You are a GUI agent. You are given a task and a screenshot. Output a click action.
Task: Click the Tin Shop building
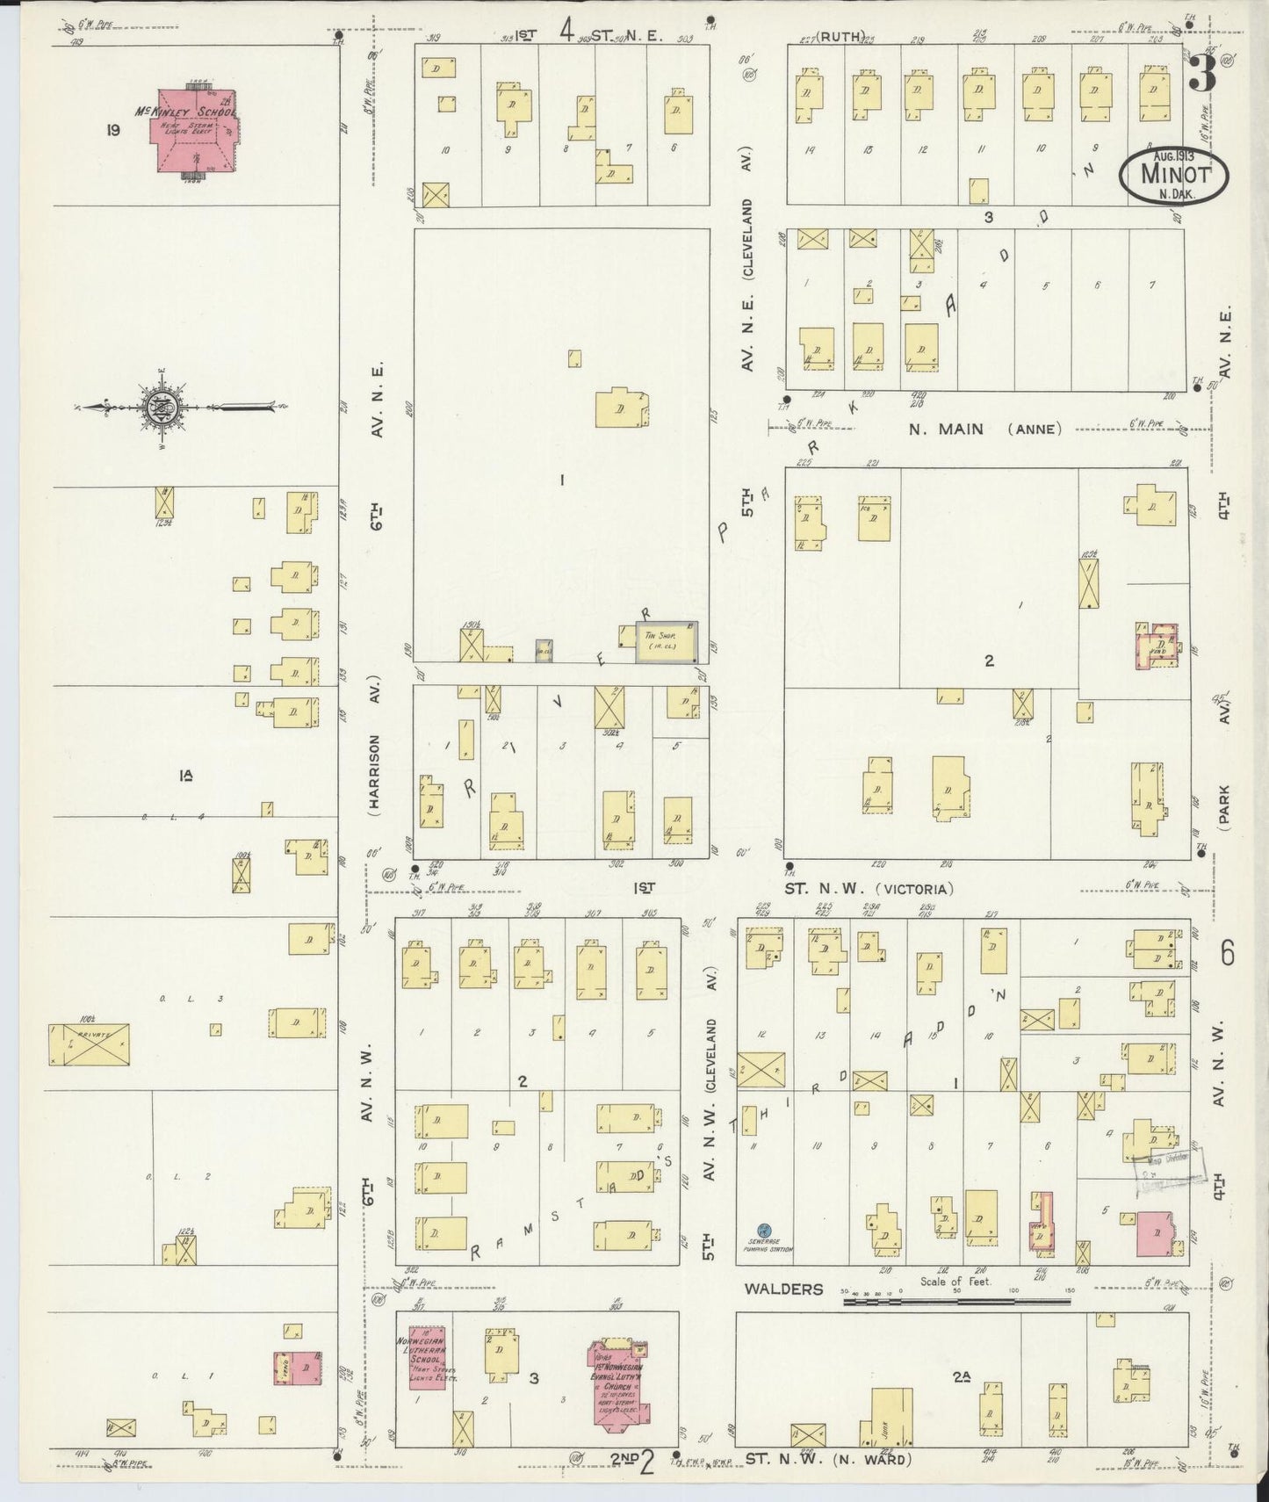pos(667,641)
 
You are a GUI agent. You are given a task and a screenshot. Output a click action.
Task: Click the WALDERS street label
pos(783,1289)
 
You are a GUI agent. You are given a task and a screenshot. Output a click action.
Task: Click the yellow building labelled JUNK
pos(891,1415)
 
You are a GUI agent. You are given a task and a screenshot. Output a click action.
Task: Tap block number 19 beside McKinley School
pos(112,131)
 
